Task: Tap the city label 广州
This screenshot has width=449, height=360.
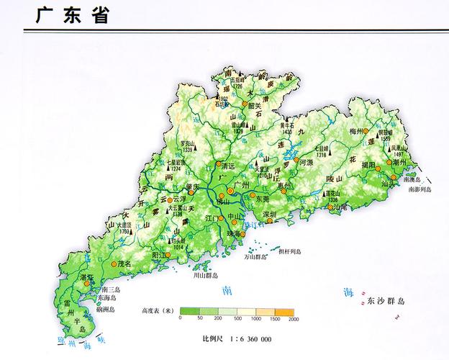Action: (x=242, y=186)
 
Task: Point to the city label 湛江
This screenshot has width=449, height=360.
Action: (x=87, y=276)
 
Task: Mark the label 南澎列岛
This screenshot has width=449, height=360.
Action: (x=419, y=190)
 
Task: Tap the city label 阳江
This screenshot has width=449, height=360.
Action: (x=160, y=254)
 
